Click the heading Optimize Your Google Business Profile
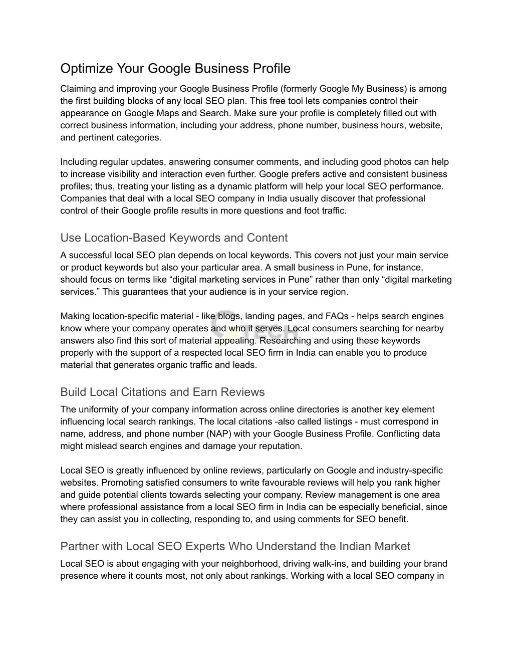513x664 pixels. pos(175,68)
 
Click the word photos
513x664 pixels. pos(399,162)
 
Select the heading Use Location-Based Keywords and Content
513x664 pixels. pos(174,238)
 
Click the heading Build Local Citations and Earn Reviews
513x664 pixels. pos(162,392)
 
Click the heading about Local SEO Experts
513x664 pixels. pos(235,546)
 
